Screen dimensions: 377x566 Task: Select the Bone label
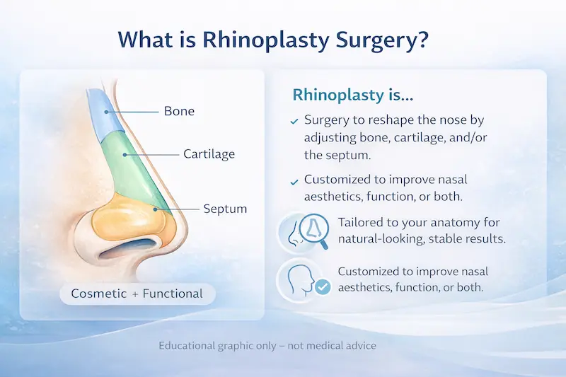pos(179,111)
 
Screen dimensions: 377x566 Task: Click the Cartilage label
pos(209,153)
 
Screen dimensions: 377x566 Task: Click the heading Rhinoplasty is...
pos(339,95)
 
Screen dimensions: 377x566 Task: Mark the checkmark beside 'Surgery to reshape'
pos(294,122)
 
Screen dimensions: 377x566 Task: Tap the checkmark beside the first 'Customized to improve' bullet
pos(294,182)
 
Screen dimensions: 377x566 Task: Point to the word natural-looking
pos(374,238)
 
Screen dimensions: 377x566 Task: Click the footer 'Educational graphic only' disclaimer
pos(267,346)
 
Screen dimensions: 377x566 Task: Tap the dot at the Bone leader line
pos(105,111)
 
